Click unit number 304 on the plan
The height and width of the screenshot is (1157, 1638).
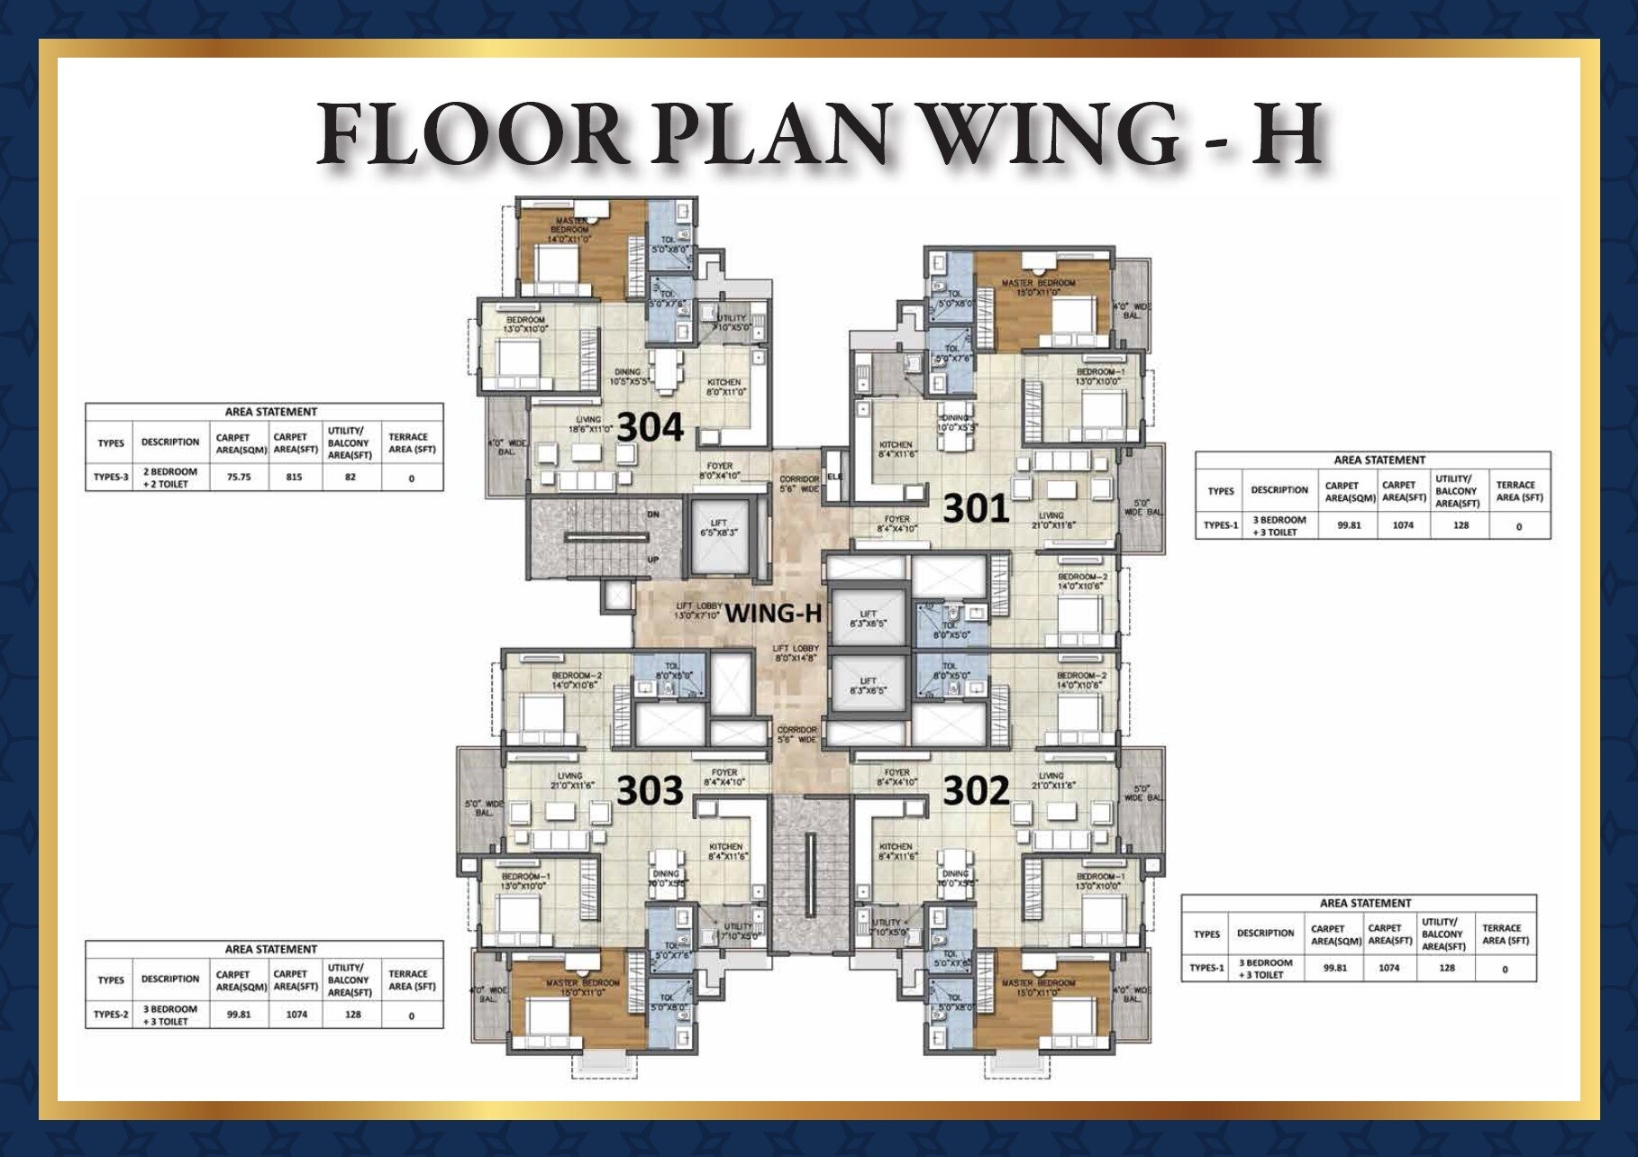pyautogui.click(x=651, y=428)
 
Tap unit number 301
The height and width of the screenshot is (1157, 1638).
pyautogui.click(x=976, y=509)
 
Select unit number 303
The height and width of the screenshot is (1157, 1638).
pyautogui.click(x=650, y=791)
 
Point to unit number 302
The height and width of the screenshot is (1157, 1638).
pyautogui.click(x=976, y=791)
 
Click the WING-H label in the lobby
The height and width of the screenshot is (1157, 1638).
pyautogui.click(x=773, y=614)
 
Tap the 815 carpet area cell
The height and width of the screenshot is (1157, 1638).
pyautogui.click(x=295, y=477)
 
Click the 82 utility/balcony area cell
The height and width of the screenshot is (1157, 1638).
pyautogui.click(x=350, y=477)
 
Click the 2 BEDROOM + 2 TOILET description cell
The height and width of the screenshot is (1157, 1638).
pyautogui.click(x=169, y=477)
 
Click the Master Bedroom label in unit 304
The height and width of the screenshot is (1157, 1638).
pyautogui.click(x=570, y=226)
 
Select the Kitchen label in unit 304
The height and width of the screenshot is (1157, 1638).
pyautogui.click(x=723, y=387)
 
